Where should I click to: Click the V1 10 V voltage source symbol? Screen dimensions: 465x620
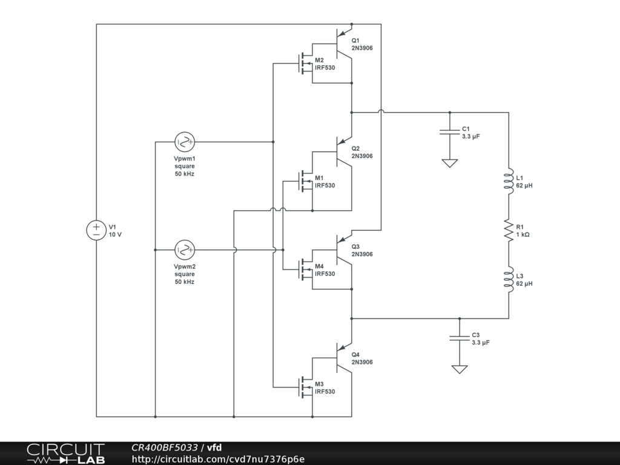click(x=96, y=230)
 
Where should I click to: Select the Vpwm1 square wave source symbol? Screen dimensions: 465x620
click(x=184, y=142)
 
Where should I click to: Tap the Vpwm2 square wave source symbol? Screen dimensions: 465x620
click(x=184, y=249)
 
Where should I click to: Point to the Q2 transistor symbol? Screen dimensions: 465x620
click(x=343, y=151)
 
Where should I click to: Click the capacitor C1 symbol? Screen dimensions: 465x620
click(x=449, y=132)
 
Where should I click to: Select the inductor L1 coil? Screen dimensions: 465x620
click(x=509, y=181)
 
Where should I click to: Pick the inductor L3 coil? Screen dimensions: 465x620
click(x=509, y=279)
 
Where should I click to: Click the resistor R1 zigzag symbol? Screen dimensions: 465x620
click(x=509, y=230)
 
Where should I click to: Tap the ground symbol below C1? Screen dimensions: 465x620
click(x=449, y=163)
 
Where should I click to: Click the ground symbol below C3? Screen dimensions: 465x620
click(x=460, y=369)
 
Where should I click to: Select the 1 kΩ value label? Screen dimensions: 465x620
click(x=523, y=234)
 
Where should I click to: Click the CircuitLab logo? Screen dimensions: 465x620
click(x=65, y=453)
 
